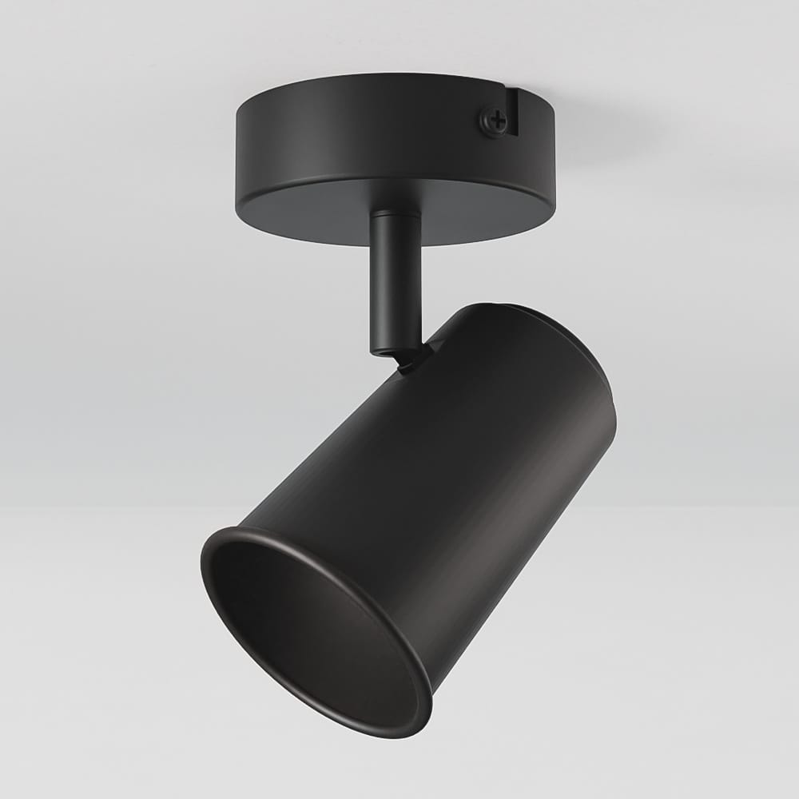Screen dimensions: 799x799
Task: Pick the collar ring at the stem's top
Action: (395, 218)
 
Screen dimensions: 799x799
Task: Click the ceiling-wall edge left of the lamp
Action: (96, 505)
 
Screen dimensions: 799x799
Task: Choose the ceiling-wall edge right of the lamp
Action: (703, 505)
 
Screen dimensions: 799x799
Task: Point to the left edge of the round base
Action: (237, 160)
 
